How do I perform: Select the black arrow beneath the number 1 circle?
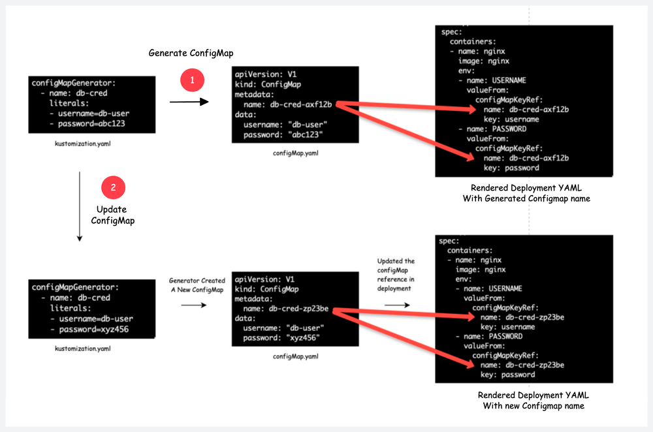pyautogui.click(x=189, y=102)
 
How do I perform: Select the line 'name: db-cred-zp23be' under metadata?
pyautogui.click(x=291, y=309)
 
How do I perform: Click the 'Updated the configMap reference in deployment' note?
pyautogui.click(x=396, y=275)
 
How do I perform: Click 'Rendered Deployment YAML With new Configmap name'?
pyautogui.click(x=530, y=401)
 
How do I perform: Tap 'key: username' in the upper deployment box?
pyautogui.click(x=511, y=119)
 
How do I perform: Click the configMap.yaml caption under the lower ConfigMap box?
pyautogui.click(x=296, y=356)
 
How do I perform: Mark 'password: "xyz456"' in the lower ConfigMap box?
pyautogui.click(x=283, y=339)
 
